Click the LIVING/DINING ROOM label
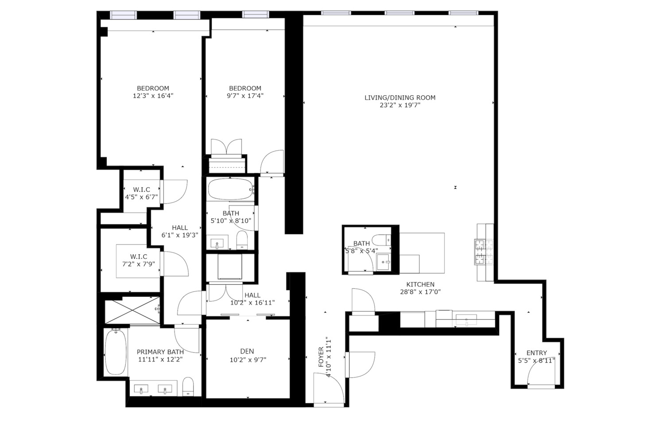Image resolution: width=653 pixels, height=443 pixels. pyautogui.click(x=400, y=97)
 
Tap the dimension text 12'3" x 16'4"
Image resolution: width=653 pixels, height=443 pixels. pyautogui.click(x=153, y=96)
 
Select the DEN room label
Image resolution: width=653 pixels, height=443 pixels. pyautogui.click(x=247, y=351)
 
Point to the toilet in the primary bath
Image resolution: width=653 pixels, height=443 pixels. pyautogui.click(x=188, y=386)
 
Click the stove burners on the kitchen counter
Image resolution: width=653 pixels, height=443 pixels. pyautogui.click(x=481, y=252)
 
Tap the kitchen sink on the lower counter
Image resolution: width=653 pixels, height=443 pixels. pyautogui.click(x=466, y=319)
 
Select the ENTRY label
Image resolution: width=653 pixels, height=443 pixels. pyautogui.click(x=536, y=353)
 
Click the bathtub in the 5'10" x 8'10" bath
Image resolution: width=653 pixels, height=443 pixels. pyautogui.click(x=230, y=189)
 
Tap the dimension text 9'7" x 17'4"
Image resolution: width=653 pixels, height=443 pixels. pyautogui.click(x=245, y=96)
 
